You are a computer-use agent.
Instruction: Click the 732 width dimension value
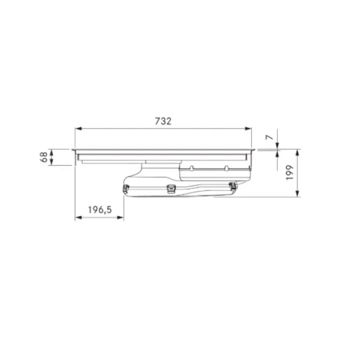coord(163,121)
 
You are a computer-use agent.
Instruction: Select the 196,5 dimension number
coord(100,209)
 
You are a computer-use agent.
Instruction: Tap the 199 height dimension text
coord(290,172)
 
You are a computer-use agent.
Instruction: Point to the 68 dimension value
coord(43,157)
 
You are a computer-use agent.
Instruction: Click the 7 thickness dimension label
coord(269,137)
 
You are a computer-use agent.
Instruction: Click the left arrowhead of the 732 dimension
coord(78,128)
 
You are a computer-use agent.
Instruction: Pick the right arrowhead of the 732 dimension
coord(248,128)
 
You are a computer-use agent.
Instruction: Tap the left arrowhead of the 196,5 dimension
coord(78,217)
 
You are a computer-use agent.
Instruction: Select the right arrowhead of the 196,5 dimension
coord(120,217)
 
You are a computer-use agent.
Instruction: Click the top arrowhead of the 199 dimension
coord(297,152)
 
